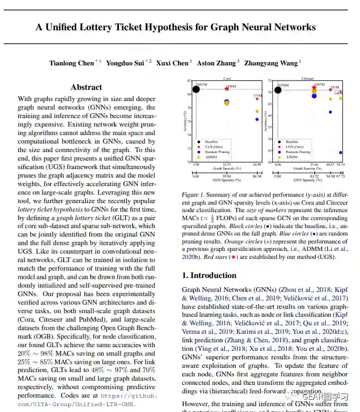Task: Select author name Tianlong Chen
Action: pyautogui.click(x=71, y=63)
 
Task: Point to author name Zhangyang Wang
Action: pyautogui.click(x=270, y=63)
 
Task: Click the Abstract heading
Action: pyautogui.click(x=86, y=87)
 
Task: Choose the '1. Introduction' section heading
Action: pyautogui.click(x=209, y=275)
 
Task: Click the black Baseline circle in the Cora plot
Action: pyautogui.click(x=196, y=89)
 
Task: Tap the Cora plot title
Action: pyautogui.click(x=227, y=78)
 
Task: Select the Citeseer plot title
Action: pyautogui.click(x=308, y=78)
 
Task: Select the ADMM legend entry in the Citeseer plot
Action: pyautogui.click(x=292, y=157)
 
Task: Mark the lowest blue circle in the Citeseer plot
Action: pyautogui.click(x=341, y=153)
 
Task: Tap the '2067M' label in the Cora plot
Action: pyautogui.click(x=201, y=85)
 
